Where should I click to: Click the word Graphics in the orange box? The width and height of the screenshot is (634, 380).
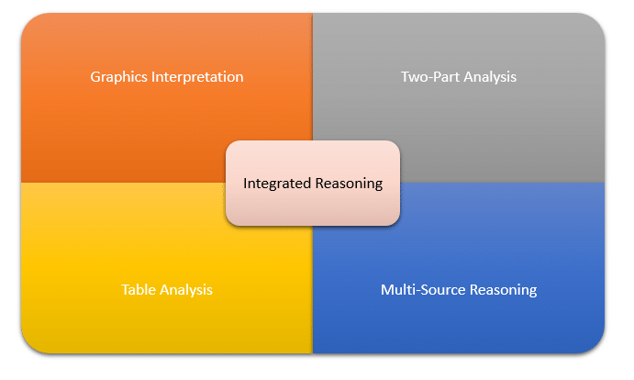point(117,77)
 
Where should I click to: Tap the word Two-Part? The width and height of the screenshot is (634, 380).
point(430,77)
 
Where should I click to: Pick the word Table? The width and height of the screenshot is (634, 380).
point(139,290)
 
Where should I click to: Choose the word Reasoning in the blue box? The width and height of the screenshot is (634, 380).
point(503,290)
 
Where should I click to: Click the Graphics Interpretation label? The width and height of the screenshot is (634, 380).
point(167,77)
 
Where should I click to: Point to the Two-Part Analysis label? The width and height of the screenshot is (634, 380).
point(459,77)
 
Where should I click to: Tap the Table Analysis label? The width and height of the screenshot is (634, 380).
point(167,290)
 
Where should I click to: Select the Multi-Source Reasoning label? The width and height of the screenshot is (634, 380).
point(459,290)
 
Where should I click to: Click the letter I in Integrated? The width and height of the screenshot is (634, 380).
point(245,184)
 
